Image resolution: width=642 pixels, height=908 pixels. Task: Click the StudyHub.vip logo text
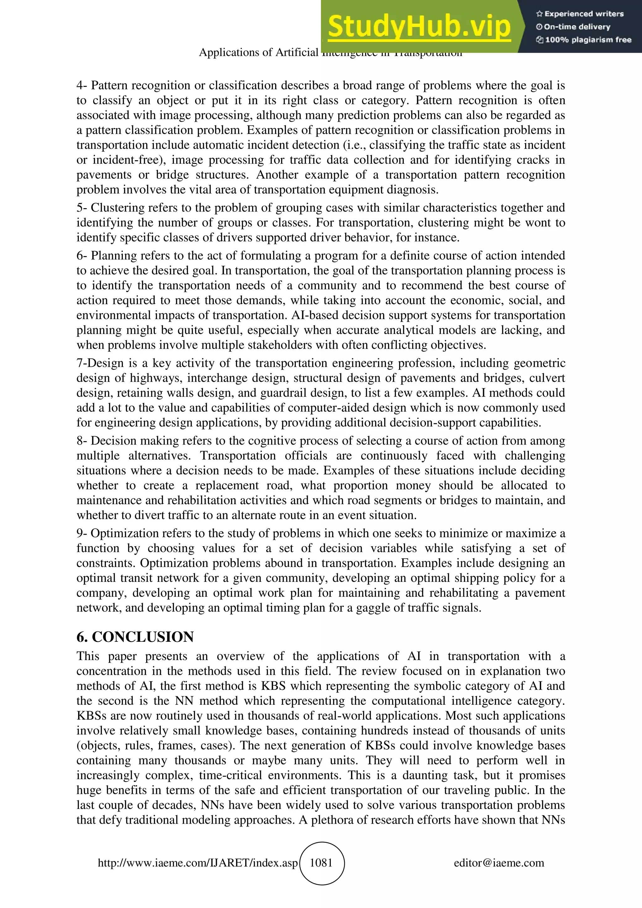pyautogui.click(x=419, y=27)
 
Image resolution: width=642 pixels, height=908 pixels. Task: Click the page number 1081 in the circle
pyautogui.click(x=321, y=863)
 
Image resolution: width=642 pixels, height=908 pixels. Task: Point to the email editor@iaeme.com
pyautogui.click(x=499, y=863)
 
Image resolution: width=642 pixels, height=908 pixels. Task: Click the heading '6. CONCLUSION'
pyautogui.click(x=135, y=637)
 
